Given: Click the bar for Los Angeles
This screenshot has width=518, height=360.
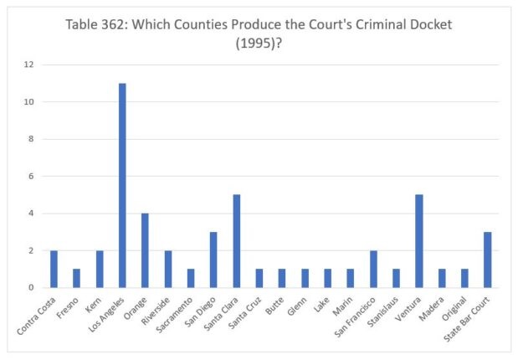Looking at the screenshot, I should coord(122,185).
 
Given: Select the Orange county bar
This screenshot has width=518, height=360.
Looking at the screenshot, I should coord(145,250).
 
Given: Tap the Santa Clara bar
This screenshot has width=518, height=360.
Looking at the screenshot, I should coord(236,241).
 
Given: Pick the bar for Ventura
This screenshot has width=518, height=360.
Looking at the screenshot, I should coord(418,241).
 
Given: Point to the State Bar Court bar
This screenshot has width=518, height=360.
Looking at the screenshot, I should coord(487,260).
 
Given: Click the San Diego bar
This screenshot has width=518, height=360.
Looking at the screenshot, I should coord(213,260).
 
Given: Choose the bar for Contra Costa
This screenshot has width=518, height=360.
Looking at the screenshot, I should coord(54,269).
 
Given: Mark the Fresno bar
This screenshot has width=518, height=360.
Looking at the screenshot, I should coord(76,278).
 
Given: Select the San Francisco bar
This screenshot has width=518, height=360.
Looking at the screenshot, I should coord(373,269).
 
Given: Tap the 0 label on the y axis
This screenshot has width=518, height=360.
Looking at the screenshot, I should coord(31,287).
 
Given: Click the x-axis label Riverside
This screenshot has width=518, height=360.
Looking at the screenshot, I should coord(157,307).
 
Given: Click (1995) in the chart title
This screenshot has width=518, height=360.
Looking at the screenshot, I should coord(259,43).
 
